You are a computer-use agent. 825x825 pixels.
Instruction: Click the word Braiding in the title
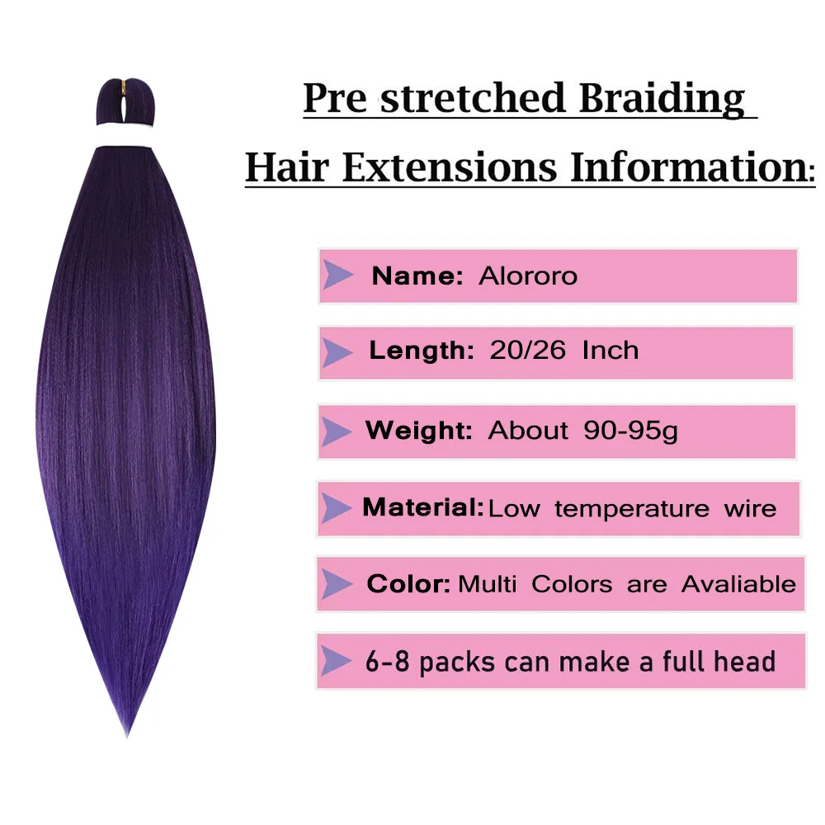662,98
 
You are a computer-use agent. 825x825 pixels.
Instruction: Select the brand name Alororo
528,276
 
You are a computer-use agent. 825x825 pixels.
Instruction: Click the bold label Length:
422,351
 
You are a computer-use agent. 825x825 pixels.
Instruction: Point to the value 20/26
528,351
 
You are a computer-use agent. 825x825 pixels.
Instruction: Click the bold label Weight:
419,431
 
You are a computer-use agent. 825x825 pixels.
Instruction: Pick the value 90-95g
630,431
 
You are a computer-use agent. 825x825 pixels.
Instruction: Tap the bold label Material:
423,507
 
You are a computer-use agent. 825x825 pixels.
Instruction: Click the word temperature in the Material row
632,509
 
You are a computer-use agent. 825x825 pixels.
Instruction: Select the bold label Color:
408,584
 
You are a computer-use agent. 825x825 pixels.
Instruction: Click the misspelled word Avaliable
738,584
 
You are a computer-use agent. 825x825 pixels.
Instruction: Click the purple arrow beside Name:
337,276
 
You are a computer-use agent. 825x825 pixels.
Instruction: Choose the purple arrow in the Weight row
335,431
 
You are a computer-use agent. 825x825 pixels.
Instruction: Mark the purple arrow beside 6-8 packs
335,661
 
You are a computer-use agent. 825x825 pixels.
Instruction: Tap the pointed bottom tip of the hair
127,737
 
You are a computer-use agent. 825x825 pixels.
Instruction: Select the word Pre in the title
335,98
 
